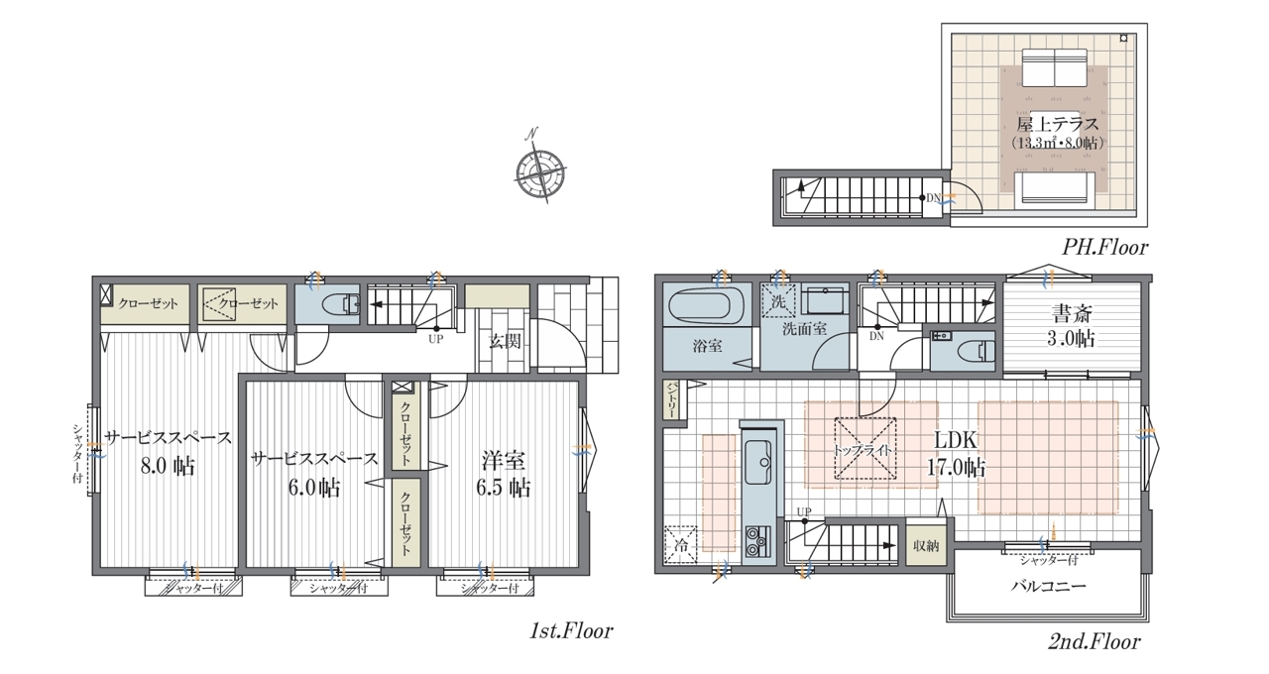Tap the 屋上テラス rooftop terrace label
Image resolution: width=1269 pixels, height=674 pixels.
1057,124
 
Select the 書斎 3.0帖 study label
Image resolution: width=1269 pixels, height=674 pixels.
1071,326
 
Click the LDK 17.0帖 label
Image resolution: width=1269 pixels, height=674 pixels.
956,454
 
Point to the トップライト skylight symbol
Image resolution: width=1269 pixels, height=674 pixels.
865,449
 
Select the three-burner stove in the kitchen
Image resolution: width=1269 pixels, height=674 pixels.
757,542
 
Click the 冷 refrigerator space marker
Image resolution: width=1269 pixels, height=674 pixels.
680,545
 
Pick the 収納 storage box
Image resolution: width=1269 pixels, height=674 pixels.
926,546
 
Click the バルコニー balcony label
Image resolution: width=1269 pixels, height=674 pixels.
1049,586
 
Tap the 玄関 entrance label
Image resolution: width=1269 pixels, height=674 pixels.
505,342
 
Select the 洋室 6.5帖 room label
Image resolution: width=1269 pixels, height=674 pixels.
504,474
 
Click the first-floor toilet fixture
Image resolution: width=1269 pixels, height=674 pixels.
340,304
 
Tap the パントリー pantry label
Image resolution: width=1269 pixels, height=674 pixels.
671,399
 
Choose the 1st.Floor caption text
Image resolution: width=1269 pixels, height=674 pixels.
571,631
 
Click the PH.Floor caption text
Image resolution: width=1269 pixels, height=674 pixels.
1104,248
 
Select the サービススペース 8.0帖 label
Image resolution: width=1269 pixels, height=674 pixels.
169,452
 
